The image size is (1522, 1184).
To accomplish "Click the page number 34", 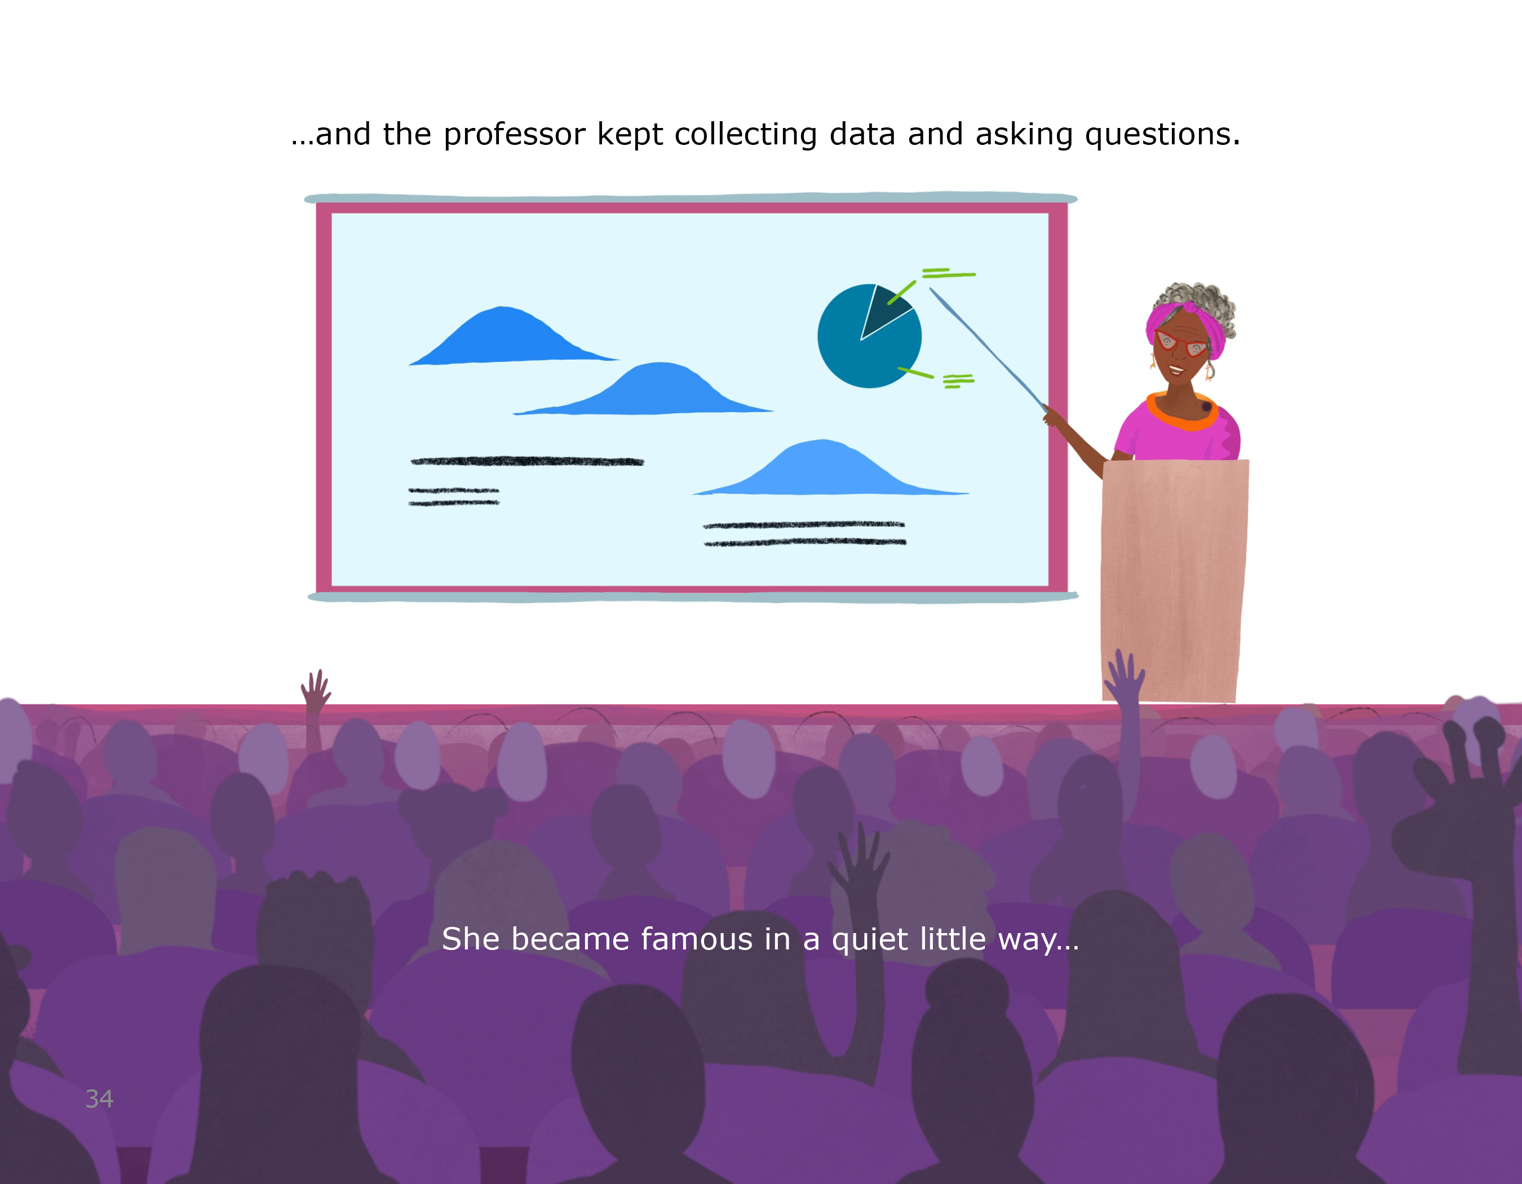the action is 99,1099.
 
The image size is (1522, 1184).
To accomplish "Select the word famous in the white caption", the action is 696,939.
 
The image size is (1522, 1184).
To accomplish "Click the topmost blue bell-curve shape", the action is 514,336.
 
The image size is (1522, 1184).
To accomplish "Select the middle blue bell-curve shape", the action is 643,389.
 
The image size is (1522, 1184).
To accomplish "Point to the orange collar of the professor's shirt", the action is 1183,413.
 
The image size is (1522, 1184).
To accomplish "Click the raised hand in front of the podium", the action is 1124,676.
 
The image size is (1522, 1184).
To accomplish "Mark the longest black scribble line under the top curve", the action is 528,461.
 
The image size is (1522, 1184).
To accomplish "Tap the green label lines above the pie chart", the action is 949,273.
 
